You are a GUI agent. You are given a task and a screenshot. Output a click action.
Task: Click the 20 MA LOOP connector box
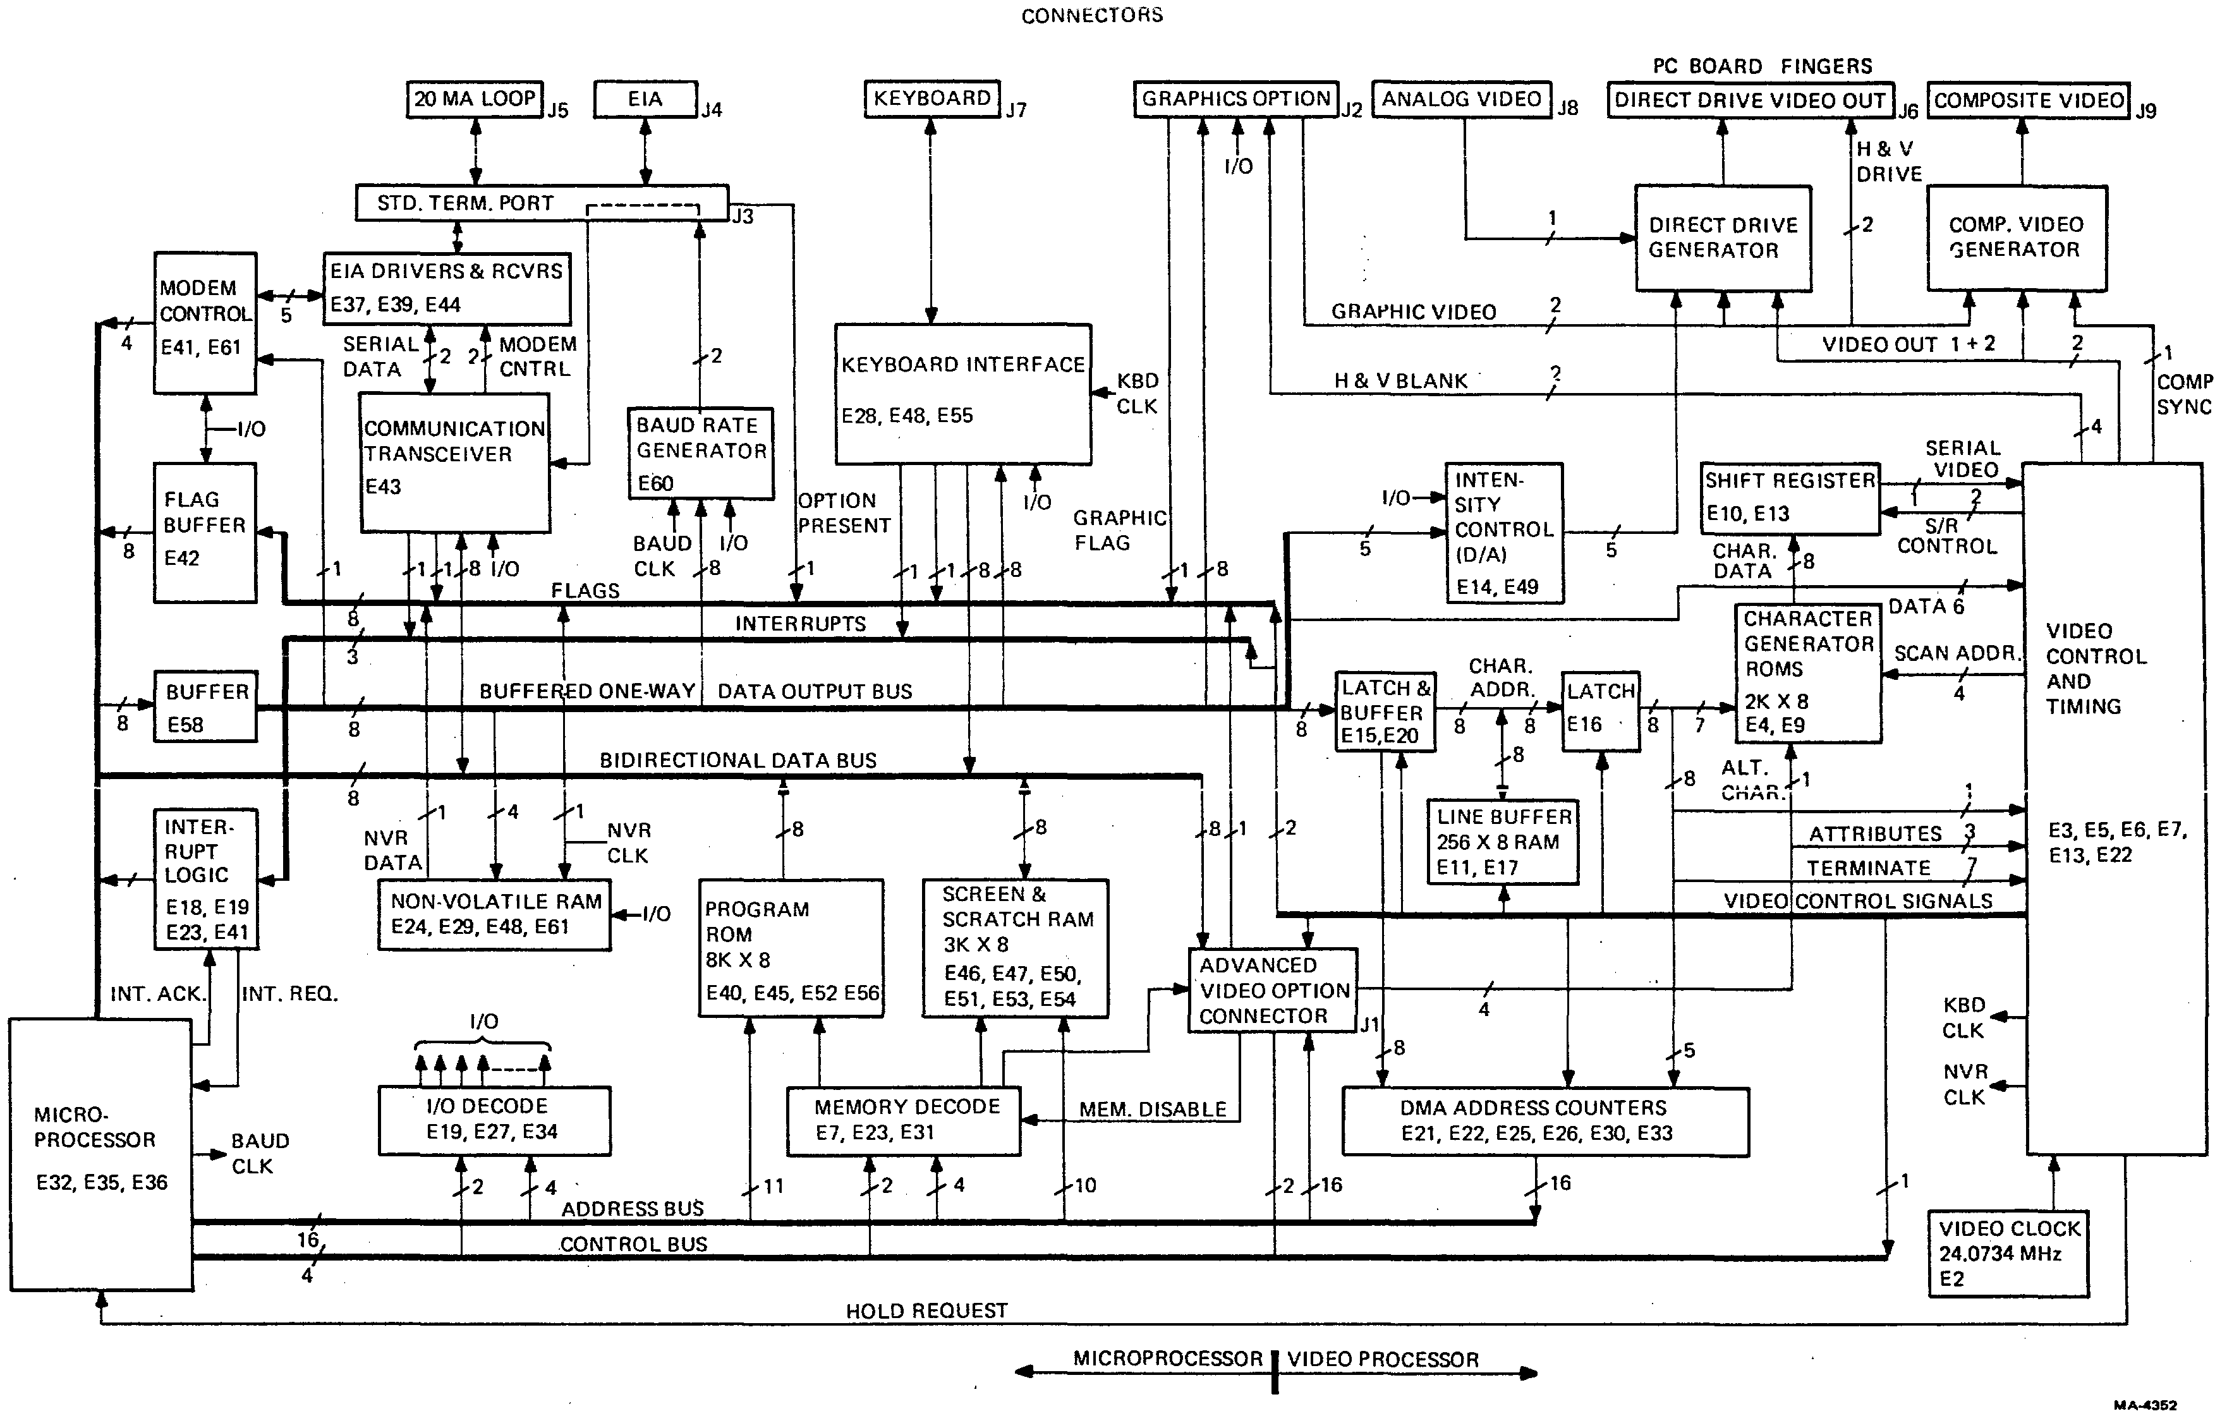point(475,99)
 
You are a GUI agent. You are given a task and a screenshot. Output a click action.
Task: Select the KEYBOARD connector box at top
point(932,99)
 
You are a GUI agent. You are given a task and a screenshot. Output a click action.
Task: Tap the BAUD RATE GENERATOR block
point(700,453)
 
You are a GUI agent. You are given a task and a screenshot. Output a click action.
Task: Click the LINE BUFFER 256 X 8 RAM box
point(1503,842)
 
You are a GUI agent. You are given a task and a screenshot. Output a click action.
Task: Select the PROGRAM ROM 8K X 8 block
point(791,948)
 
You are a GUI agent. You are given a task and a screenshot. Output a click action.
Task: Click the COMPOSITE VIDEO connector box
point(2029,100)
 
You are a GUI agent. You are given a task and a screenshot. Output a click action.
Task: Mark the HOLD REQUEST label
point(926,1310)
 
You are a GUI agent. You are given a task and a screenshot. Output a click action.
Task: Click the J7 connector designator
point(1016,111)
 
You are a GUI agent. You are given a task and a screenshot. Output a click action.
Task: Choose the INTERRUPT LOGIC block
point(205,878)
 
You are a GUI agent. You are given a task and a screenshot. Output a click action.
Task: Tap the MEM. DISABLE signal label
point(1153,1109)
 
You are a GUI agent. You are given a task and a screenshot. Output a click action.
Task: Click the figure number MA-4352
point(2145,1404)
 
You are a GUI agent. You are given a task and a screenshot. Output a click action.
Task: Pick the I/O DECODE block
point(494,1120)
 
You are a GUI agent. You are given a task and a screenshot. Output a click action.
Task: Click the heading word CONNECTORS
point(1092,15)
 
